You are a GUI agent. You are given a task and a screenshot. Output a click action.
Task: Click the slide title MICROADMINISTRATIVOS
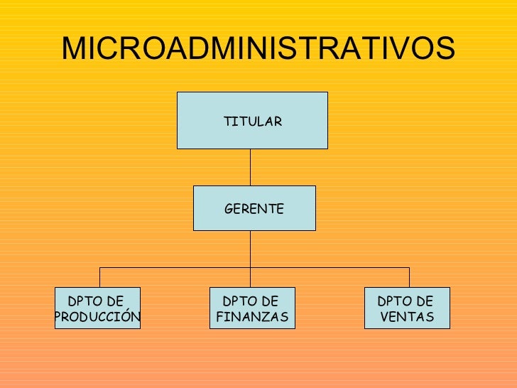tap(258, 48)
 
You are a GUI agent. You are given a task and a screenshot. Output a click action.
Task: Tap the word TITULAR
tap(253, 122)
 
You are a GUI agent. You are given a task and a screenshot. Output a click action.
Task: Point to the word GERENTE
tap(254, 209)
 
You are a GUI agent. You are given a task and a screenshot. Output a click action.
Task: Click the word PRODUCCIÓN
tap(98, 316)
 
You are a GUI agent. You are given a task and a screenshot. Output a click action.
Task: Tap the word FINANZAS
tap(252, 316)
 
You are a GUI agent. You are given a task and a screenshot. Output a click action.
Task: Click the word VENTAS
tap(407, 316)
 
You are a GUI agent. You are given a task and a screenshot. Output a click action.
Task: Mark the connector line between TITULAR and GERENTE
tap(250, 167)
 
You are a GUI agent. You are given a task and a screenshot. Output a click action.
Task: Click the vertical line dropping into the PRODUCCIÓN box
tap(99, 277)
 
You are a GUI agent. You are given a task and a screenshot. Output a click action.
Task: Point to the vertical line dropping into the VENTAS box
tap(409, 277)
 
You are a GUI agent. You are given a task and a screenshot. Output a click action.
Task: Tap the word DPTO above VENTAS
tap(393, 301)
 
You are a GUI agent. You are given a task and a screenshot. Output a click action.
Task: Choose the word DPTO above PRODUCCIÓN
tap(83, 301)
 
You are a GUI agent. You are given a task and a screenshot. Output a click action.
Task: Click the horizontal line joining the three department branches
tap(178, 267)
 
